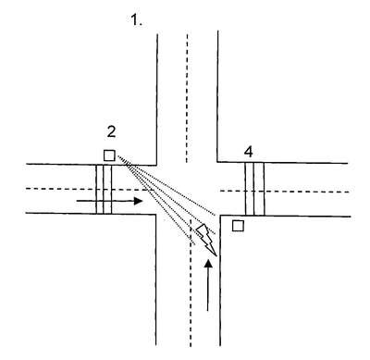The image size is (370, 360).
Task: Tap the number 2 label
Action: tap(111, 131)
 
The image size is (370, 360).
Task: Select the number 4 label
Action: tap(249, 152)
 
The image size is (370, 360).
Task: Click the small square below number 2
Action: tap(109, 155)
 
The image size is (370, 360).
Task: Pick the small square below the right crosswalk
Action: tap(238, 226)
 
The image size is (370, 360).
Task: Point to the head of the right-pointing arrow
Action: tap(138, 201)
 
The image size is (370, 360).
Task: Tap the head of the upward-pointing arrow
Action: tap(209, 264)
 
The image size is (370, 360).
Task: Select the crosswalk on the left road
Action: tap(104, 189)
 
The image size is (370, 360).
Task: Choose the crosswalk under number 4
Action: tap(254, 189)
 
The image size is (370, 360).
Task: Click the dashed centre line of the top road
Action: tap(187, 97)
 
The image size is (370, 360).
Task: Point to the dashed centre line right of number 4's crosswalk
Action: tap(307, 192)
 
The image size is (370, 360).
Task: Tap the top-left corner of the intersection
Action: tap(156, 165)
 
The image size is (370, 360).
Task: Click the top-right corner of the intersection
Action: tap(217, 161)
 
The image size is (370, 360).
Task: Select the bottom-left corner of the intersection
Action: tap(155, 214)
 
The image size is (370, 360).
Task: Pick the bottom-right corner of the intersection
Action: tap(220, 216)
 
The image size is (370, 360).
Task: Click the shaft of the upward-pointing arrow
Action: tap(208, 290)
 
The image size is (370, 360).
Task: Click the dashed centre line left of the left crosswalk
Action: tap(61, 188)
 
